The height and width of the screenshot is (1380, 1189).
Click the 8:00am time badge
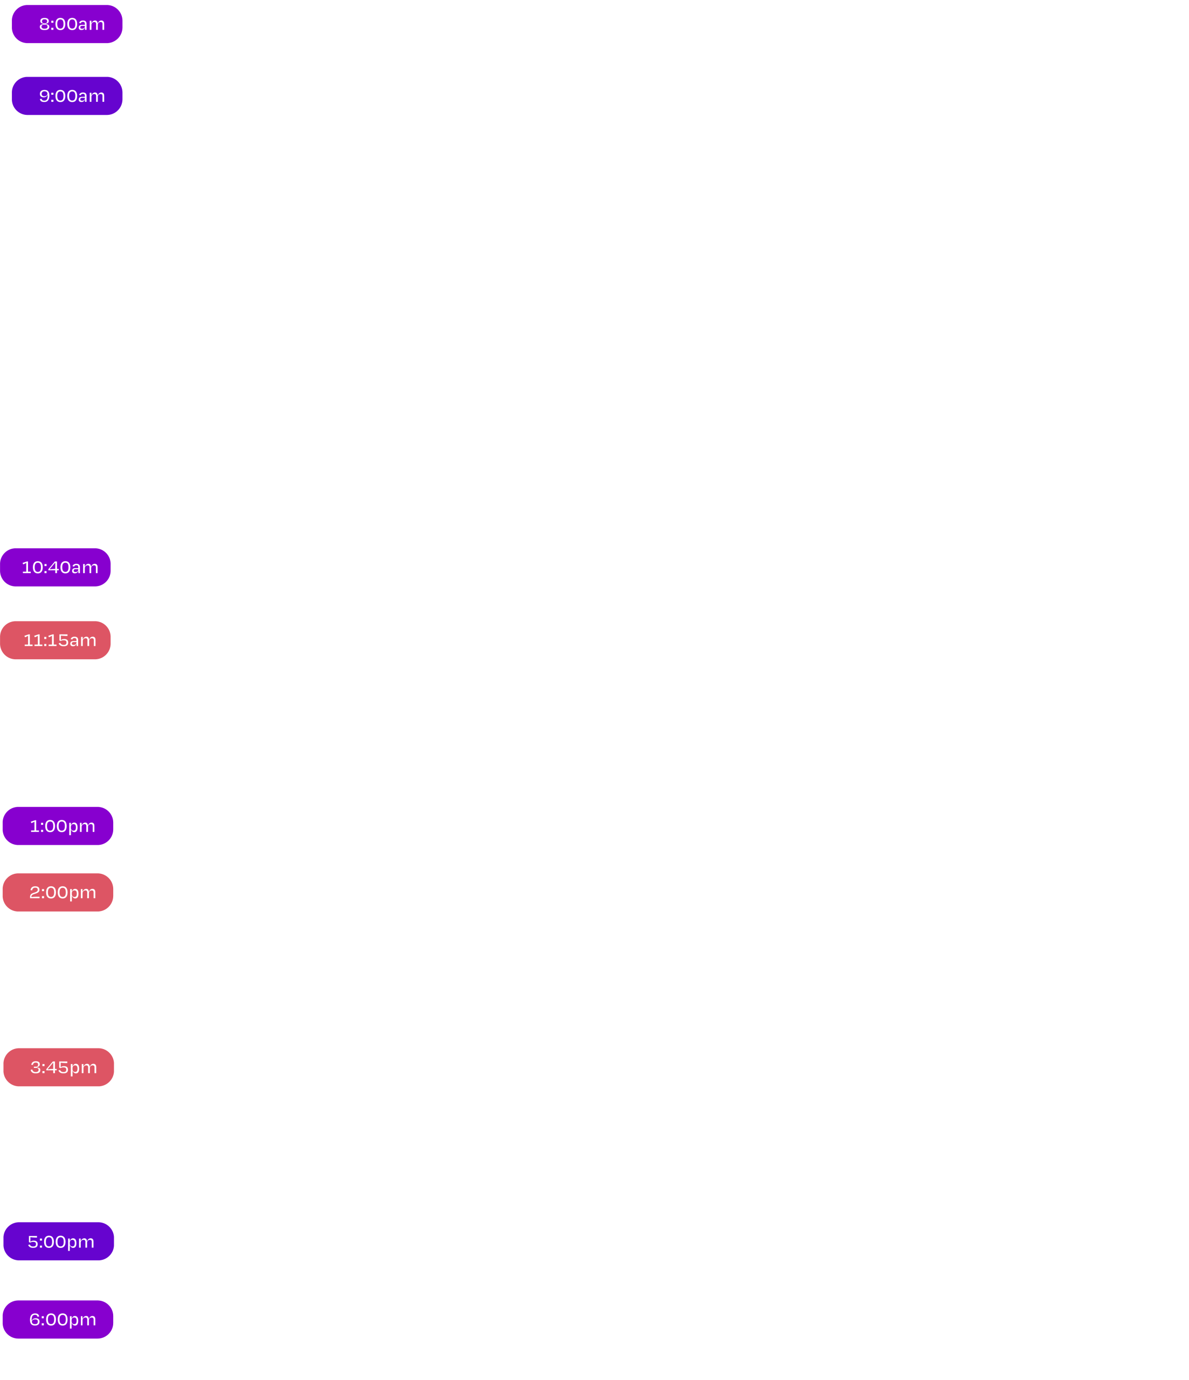click(x=67, y=24)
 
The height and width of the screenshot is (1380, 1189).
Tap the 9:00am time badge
click(x=67, y=96)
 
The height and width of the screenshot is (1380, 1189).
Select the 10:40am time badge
click(x=56, y=568)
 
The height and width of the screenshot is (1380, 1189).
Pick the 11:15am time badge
click(x=56, y=640)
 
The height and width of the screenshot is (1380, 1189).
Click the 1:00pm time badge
click(x=59, y=826)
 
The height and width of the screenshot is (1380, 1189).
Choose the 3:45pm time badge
click(x=59, y=1067)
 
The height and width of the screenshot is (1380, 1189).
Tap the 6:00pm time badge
click(x=59, y=1320)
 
